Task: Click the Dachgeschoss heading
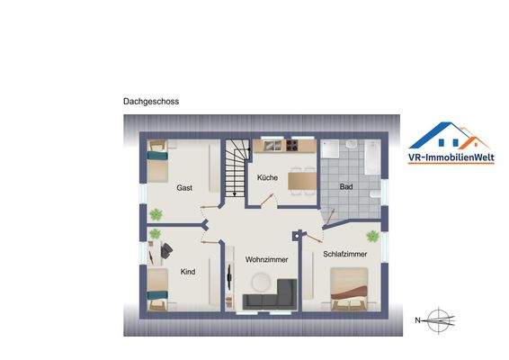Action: (x=151, y=102)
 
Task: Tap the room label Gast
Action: (x=184, y=188)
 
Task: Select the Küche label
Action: (x=267, y=177)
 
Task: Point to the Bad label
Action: (x=344, y=186)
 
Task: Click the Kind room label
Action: (x=188, y=271)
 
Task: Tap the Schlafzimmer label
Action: (x=345, y=255)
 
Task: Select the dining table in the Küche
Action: (x=301, y=179)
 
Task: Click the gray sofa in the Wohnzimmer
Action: (x=271, y=295)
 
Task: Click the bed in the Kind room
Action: (x=159, y=288)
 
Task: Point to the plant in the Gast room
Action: (x=156, y=214)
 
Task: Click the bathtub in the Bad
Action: (x=372, y=156)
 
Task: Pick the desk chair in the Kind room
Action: (x=168, y=246)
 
